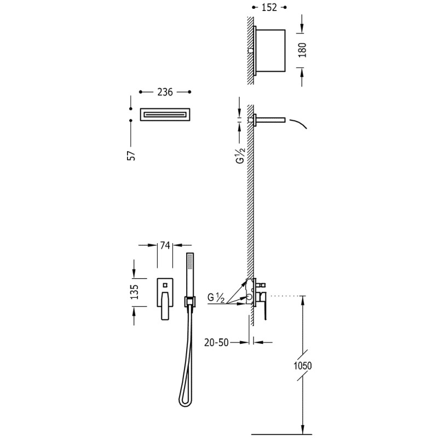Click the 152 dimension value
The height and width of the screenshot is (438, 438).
(269, 8)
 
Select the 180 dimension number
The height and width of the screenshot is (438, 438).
(302, 50)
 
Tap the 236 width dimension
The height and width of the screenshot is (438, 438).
(165, 92)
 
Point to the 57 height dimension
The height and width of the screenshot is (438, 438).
(131, 155)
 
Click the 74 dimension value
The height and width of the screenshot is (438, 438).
(165, 245)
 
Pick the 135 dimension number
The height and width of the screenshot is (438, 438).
(135, 292)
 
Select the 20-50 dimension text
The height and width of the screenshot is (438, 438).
(216, 342)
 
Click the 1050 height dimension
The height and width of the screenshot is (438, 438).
(303, 365)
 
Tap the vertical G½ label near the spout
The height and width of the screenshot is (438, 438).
(241, 156)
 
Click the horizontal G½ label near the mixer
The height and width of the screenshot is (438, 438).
(216, 298)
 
